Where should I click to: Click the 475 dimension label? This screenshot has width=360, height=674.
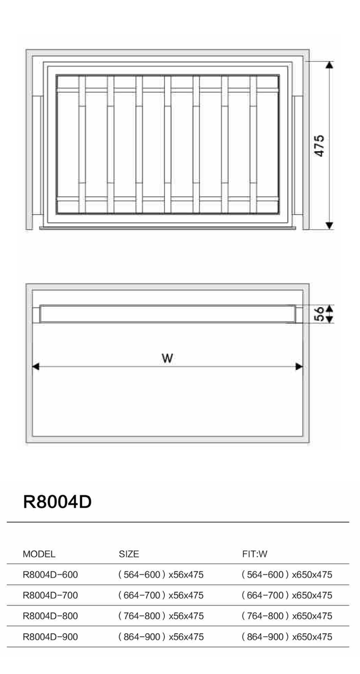(x=319, y=146)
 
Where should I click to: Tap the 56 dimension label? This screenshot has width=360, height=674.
(x=319, y=314)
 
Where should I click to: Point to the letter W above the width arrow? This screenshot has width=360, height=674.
(x=167, y=358)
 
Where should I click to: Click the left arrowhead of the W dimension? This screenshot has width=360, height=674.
(x=36, y=366)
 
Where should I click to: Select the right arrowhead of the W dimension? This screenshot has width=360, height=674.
(x=299, y=366)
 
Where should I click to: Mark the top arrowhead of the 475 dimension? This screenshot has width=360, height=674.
(x=329, y=65)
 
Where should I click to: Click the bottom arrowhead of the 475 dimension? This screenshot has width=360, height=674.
(x=329, y=226)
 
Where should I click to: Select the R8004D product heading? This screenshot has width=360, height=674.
(x=57, y=502)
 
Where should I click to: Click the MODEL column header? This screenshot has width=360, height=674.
(x=39, y=554)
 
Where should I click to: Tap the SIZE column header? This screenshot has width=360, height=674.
(x=129, y=554)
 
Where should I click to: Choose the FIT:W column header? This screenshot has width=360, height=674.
(x=255, y=554)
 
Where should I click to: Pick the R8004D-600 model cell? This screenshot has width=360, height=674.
(x=50, y=575)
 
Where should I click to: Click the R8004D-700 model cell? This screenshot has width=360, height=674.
(x=50, y=595)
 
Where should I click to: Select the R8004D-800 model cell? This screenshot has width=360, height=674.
(x=50, y=616)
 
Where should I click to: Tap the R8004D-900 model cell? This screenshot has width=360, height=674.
(x=50, y=637)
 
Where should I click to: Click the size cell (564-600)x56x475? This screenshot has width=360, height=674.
(x=161, y=575)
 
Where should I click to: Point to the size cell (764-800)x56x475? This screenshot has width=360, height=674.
(x=161, y=616)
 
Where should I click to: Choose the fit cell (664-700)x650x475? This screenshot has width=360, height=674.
(x=287, y=595)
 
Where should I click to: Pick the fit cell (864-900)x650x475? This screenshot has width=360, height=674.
(x=287, y=637)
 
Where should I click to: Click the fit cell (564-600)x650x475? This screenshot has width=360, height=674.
(x=287, y=575)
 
